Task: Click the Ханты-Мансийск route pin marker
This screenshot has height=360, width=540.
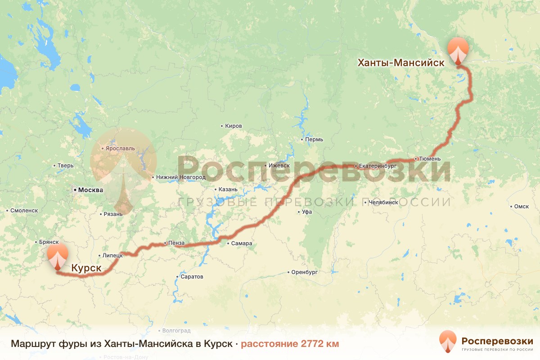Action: (x=458, y=51)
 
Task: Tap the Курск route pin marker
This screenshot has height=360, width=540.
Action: (x=58, y=257)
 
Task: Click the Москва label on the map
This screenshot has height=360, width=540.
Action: (x=90, y=190)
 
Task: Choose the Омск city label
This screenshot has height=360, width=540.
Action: (x=521, y=207)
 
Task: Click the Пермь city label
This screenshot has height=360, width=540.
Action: (x=314, y=139)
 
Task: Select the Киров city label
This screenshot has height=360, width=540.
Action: (x=234, y=126)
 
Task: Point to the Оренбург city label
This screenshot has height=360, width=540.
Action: (x=305, y=272)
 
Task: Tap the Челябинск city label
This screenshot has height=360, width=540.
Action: (x=383, y=202)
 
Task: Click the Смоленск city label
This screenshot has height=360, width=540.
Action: (x=24, y=210)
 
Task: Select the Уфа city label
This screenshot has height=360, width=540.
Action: (x=307, y=211)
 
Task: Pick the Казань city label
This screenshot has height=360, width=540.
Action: (x=228, y=189)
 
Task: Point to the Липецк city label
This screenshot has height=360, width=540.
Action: (x=112, y=255)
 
